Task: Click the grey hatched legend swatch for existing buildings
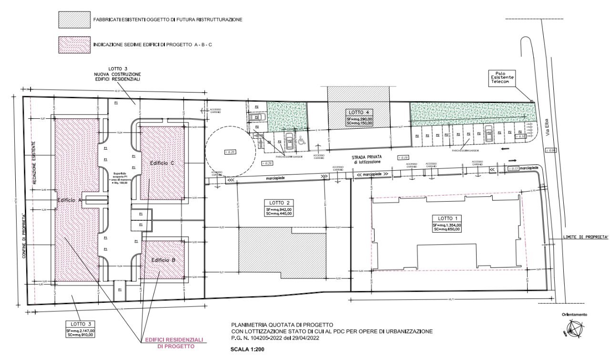click(73, 20)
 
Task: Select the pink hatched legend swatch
click(73, 44)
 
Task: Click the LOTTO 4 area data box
click(359, 117)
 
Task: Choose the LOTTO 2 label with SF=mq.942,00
click(279, 207)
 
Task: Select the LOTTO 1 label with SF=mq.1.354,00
click(447, 224)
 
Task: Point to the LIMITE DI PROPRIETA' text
click(579, 237)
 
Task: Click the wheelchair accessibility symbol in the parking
click(301, 141)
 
